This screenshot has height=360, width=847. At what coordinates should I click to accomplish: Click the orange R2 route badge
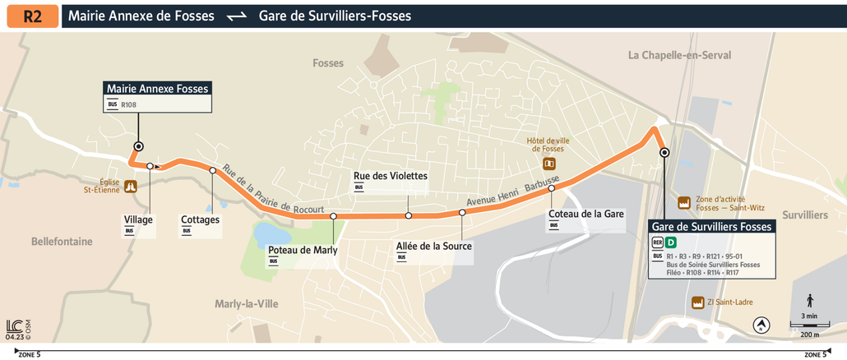(x=32, y=16)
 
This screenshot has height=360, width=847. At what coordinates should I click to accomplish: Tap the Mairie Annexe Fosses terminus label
(x=158, y=89)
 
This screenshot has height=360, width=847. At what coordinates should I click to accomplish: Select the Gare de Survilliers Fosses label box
(x=711, y=227)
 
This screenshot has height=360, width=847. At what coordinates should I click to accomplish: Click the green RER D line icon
(x=671, y=242)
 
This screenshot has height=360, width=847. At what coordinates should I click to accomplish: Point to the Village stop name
(x=138, y=219)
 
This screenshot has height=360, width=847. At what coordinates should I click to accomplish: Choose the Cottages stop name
(x=200, y=219)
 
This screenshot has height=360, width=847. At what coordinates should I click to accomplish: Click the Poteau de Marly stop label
(x=303, y=250)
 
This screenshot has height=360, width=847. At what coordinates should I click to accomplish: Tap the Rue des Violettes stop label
(x=390, y=176)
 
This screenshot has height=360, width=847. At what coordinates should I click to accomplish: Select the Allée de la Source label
(x=433, y=247)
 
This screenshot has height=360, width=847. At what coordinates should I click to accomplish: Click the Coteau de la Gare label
(x=585, y=214)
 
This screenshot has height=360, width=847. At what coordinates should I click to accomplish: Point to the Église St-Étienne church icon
(x=130, y=188)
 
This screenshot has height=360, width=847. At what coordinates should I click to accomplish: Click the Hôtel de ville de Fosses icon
(x=549, y=164)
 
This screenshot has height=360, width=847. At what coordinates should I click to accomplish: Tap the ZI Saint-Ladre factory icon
(x=699, y=302)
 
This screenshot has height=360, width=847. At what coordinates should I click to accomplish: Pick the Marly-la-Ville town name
(x=246, y=304)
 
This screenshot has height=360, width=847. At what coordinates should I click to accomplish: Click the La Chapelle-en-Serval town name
(x=679, y=55)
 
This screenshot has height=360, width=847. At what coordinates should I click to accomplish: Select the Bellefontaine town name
(x=62, y=242)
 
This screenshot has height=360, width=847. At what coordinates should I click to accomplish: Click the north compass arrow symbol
(x=761, y=325)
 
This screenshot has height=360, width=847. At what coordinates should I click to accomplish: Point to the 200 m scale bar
(x=809, y=326)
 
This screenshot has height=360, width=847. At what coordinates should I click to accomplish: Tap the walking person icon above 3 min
(x=810, y=301)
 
